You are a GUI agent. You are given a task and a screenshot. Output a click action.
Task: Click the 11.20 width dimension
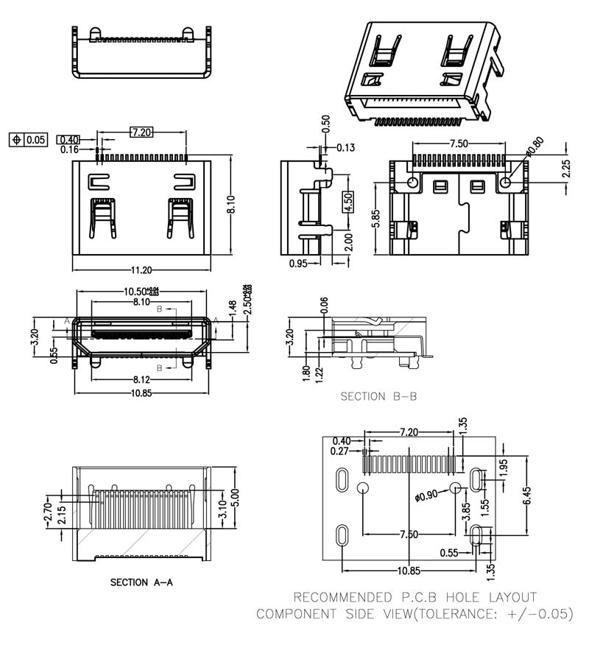pos(141,270)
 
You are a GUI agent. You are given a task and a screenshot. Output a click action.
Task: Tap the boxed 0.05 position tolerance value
pos(36,139)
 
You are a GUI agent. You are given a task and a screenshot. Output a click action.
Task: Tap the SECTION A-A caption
pos(141,582)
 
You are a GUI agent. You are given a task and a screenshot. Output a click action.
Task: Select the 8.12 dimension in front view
pos(141,380)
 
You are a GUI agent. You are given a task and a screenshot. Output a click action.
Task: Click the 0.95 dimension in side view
pos(298,263)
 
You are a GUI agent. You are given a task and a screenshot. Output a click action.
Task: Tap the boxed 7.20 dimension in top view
pos(141,133)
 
